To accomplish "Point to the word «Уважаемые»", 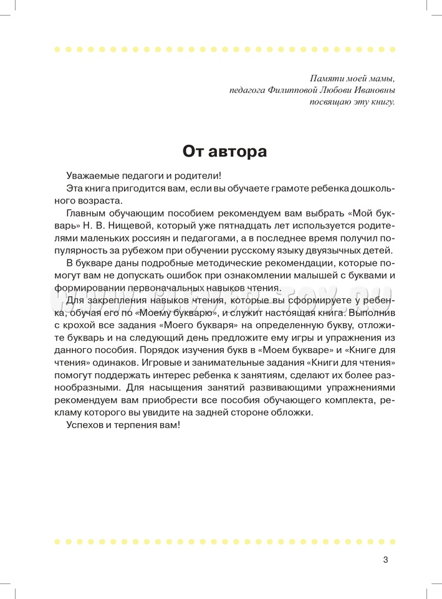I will pos(92,177).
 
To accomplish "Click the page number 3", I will pos(385,559).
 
